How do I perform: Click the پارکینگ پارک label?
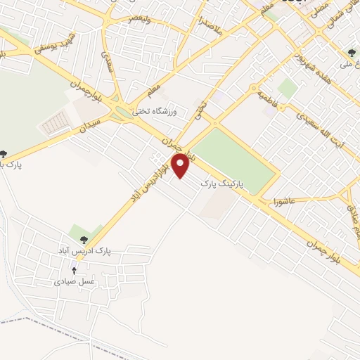[221, 184]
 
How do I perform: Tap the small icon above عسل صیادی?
[75, 270]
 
